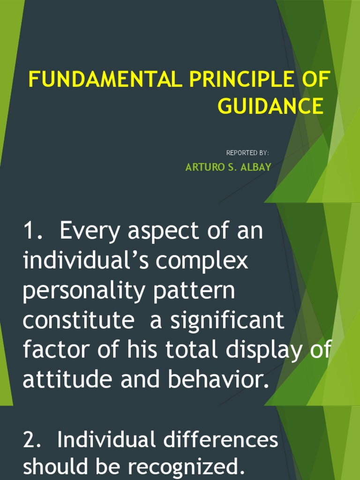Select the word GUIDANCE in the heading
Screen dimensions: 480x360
point(270,106)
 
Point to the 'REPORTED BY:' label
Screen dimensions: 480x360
point(247,153)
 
